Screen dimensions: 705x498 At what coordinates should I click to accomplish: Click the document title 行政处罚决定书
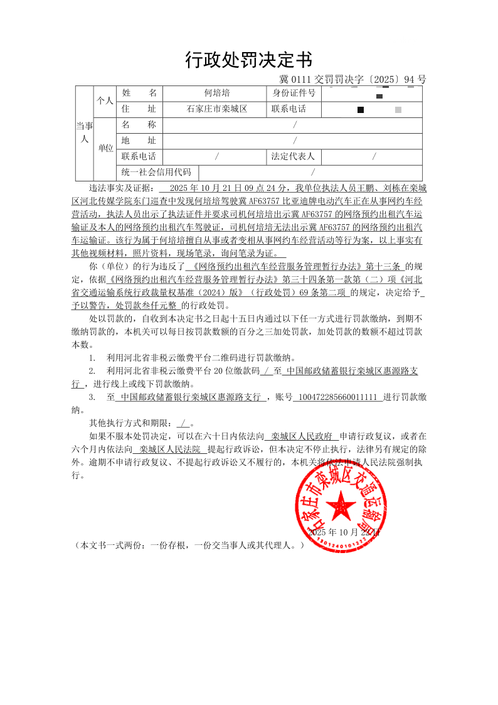pyautogui.click(x=249, y=60)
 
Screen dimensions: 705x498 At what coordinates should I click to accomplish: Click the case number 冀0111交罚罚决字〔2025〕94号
pyautogui.click(x=352, y=80)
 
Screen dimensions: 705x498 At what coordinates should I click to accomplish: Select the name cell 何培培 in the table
pyautogui.click(x=217, y=94)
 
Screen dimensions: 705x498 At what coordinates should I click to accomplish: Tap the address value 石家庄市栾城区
pyautogui.click(x=217, y=109)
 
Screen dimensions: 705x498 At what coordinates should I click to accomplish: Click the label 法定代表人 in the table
pyautogui.click(x=293, y=156)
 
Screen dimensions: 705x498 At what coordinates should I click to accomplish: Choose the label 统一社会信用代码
pyautogui.click(x=157, y=172)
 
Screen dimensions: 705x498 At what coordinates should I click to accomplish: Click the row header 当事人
pyautogui.click(x=84, y=132)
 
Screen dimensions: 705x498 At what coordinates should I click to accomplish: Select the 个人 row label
pyautogui.click(x=105, y=101)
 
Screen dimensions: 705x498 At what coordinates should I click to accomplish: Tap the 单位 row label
pyautogui.click(x=105, y=149)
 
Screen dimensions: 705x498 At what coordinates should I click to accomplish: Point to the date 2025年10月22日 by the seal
pyautogui.click(x=344, y=532)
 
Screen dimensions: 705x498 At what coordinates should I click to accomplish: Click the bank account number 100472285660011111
pyautogui.click(x=337, y=397)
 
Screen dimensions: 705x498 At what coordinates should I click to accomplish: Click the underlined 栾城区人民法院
pyautogui.click(x=170, y=449)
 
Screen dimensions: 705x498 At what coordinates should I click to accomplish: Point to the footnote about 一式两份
pyautogui.click(x=189, y=545)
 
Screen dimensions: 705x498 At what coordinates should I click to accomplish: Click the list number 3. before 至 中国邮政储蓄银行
pyautogui.click(x=92, y=397)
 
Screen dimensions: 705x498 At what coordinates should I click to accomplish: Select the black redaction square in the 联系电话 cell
pyautogui.click(x=361, y=110)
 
